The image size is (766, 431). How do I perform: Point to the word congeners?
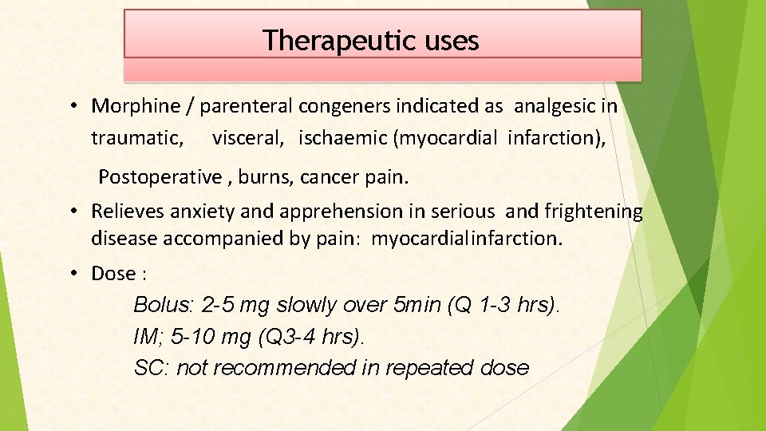pyautogui.click(x=348, y=106)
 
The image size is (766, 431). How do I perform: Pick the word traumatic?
pyautogui.click(x=136, y=138)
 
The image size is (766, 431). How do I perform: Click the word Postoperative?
pyautogui.click(x=159, y=176)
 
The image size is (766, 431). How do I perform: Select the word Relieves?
pyautogui.click(x=128, y=212)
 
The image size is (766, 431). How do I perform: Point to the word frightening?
pyautogui.click(x=593, y=212)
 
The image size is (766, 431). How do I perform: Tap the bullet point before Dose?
pyautogui.click(x=72, y=273)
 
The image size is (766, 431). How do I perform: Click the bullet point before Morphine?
pyautogui.click(x=72, y=105)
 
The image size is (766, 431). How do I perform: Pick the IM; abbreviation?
pyautogui.click(x=148, y=337)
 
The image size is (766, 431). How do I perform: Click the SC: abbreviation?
pyautogui.click(x=152, y=368)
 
